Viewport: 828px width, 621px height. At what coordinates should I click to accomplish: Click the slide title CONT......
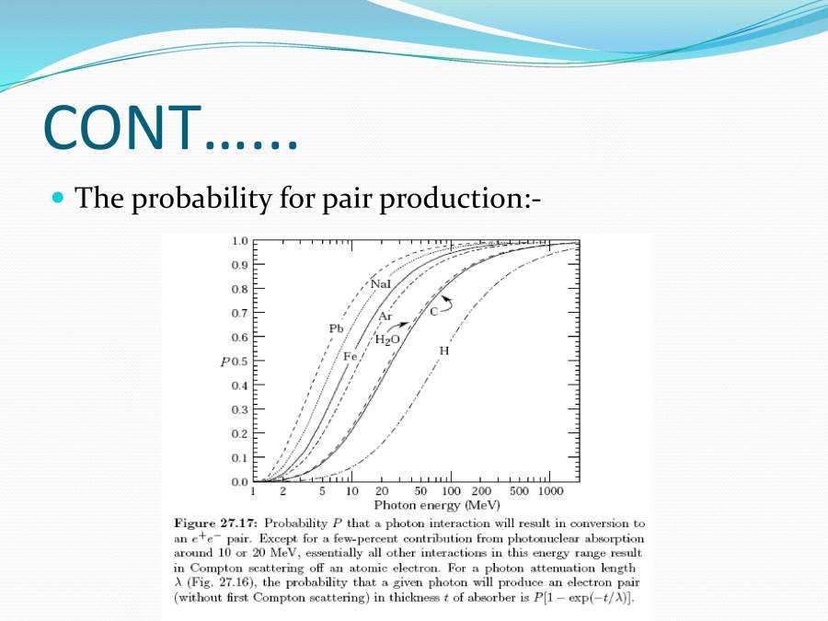171,129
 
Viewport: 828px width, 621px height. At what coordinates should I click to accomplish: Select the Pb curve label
336,328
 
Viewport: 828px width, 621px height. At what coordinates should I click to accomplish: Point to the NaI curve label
381,284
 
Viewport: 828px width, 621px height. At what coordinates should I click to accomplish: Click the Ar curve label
385,316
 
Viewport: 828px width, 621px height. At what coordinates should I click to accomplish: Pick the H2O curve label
387,339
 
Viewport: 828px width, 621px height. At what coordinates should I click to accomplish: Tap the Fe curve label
350,356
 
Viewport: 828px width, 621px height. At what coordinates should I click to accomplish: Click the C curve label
434,312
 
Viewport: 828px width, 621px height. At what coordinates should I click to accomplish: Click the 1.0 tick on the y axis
239,241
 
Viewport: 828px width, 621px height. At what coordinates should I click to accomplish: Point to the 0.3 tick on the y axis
239,409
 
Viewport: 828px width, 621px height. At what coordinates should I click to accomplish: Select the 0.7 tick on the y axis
239,313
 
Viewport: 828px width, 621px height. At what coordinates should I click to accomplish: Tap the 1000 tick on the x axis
550,492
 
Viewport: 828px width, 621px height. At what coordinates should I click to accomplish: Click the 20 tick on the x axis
382,492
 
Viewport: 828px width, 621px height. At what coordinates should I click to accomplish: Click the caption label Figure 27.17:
211,523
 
